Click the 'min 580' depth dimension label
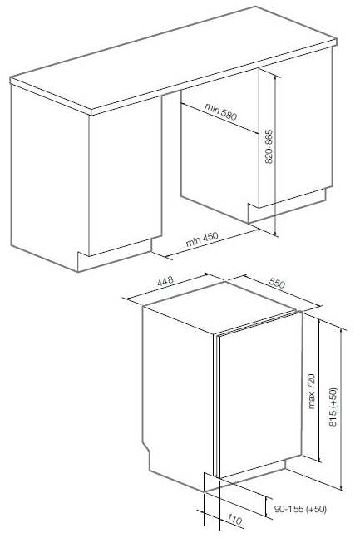pyautogui.click(x=221, y=111)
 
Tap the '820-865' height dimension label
pyautogui.click(x=269, y=146)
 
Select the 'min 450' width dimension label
pyautogui.click(x=202, y=239)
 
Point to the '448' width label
pyautogui.click(x=165, y=281)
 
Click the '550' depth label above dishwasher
pyautogui.click(x=277, y=283)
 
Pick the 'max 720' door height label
pyautogui.click(x=311, y=391)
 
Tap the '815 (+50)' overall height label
pyautogui.click(x=333, y=407)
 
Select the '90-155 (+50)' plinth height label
pyautogui.click(x=300, y=509)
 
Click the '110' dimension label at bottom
pyautogui.click(x=234, y=520)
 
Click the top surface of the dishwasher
pyautogui.click(x=219, y=307)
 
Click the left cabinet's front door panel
pyautogui.click(x=126, y=175)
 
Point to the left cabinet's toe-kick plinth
pyautogui.click(x=115, y=255)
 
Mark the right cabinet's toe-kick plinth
pyautogui.click(x=288, y=206)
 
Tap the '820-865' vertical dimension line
pyautogui.click(x=275, y=155)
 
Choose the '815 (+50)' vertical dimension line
pyautogui.click(x=342, y=409)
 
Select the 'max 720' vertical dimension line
pyautogui.click(x=319, y=391)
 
